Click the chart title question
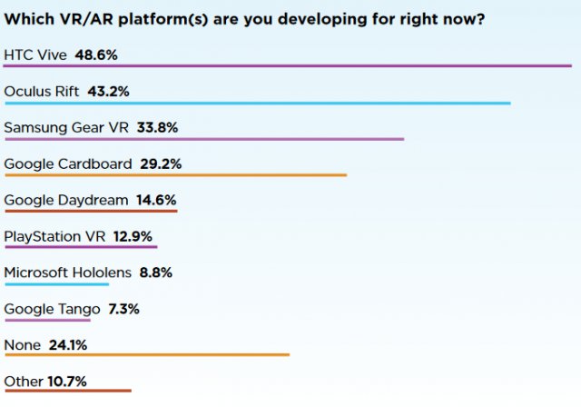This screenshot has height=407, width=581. (x=243, y=19)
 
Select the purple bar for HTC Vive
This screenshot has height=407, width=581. (x=287, y=66)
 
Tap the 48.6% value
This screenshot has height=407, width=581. (x=97, y=55)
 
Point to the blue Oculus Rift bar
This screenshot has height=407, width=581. (x=257, y=103)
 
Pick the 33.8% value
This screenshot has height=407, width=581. (x=156, y=127)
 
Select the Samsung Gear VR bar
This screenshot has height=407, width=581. (x=203, y=139)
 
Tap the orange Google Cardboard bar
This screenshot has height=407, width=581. (x=175, y=175)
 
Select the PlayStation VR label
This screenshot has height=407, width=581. (x=55, y=236)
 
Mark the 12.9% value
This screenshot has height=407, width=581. (x=133, y=236)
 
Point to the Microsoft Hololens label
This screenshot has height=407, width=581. (x=68, y=273)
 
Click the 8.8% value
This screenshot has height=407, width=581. (x=155, y=273)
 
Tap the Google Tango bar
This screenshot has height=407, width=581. (x=47, y=320)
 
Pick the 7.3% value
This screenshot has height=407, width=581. (x=123, y=309)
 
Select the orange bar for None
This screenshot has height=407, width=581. (x=146, y=355)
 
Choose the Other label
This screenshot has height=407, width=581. (x=23, y=382)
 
